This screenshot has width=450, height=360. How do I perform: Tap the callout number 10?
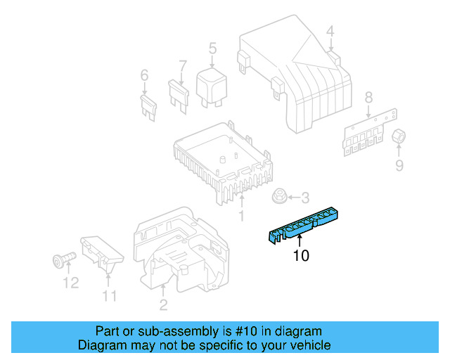(300, 256)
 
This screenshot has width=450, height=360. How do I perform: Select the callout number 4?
(330, 30)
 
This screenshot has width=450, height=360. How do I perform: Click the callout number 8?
(368, 98)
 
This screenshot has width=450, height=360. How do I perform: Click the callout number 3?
(304, 198)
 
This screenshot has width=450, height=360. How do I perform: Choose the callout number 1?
(242, 215)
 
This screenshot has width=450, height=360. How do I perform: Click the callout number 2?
(164, 304)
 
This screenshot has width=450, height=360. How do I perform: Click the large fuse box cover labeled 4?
(295, 77)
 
